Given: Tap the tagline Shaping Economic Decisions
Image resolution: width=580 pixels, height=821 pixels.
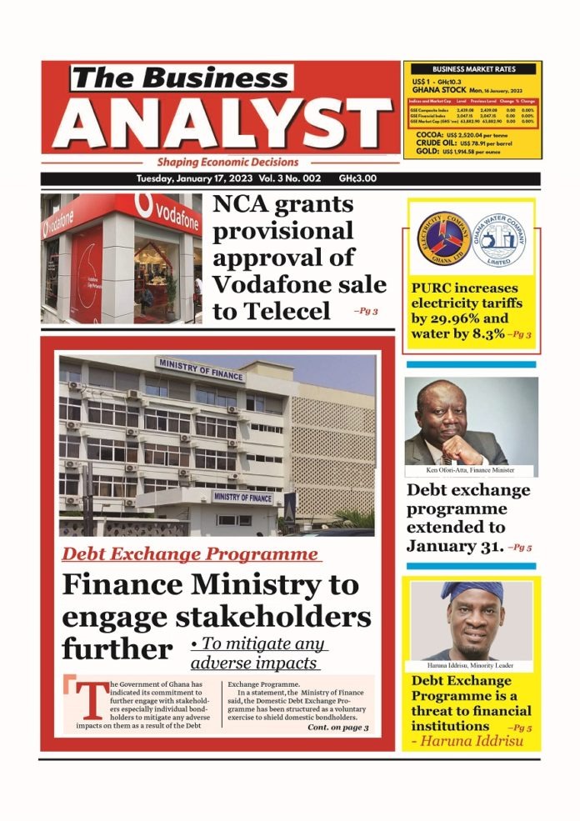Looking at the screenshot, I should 227,163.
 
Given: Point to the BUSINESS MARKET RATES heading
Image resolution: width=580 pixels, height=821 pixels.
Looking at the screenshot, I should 472,69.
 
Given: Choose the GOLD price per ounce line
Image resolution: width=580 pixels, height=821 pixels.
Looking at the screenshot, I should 472,152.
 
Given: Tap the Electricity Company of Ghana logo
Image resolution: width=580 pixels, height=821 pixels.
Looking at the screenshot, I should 442,238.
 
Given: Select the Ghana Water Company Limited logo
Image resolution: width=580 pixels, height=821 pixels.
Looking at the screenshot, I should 499,238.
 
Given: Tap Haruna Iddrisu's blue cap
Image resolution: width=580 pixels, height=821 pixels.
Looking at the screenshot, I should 472,591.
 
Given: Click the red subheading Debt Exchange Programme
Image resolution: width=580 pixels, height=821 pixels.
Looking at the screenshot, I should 191,554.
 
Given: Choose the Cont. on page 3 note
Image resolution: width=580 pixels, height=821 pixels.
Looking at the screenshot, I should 337,728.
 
